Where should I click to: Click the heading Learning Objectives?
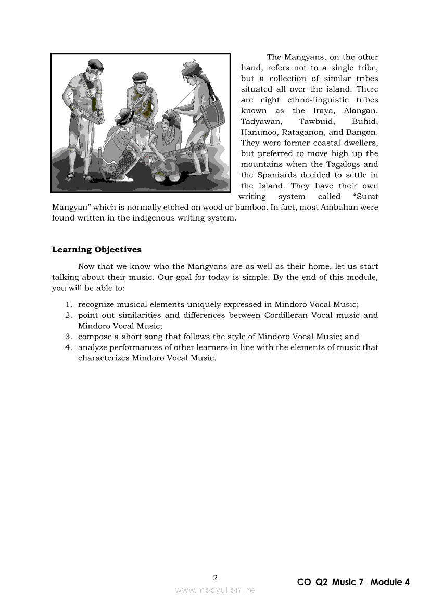(97, 250)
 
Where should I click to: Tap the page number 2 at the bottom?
(215, 577)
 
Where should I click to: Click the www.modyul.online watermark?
(215, 590)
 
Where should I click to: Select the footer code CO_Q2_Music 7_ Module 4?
(353, 582)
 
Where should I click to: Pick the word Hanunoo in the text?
(259, 132)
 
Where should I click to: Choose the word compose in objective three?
(94, 337)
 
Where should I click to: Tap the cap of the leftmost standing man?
(96, 64)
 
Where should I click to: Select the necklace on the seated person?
(168, 136)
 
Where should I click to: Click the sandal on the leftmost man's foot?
(88, 178)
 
